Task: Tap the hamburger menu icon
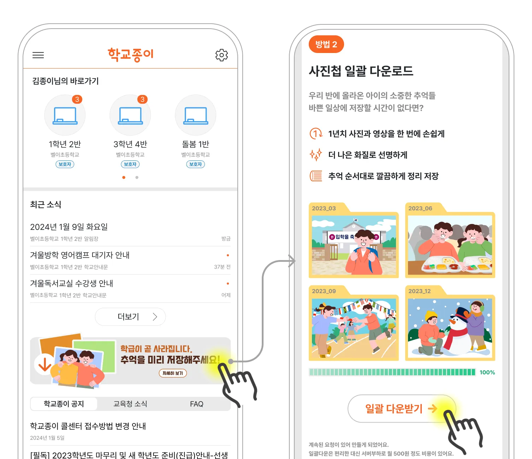pos(38,55)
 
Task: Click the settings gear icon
pos(221,55)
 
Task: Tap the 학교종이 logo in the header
pos(130,54)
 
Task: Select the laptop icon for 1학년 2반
pos(65,116)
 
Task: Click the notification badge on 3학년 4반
pos(142,99)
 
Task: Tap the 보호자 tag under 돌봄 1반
pos(195,164)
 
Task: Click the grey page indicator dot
pos(137,177)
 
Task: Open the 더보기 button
pos(130,317)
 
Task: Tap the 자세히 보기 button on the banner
pos(173,373)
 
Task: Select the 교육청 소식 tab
pos(130,404)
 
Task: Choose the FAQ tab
pos(197,404)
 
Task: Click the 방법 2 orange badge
pos(326,44)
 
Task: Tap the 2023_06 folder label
pos(420,208)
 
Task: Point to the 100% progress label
pos(487,372)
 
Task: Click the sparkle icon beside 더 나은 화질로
pos(316,155)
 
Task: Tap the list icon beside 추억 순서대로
pos(316,176)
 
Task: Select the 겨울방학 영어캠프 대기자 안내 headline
pos(80,255)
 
